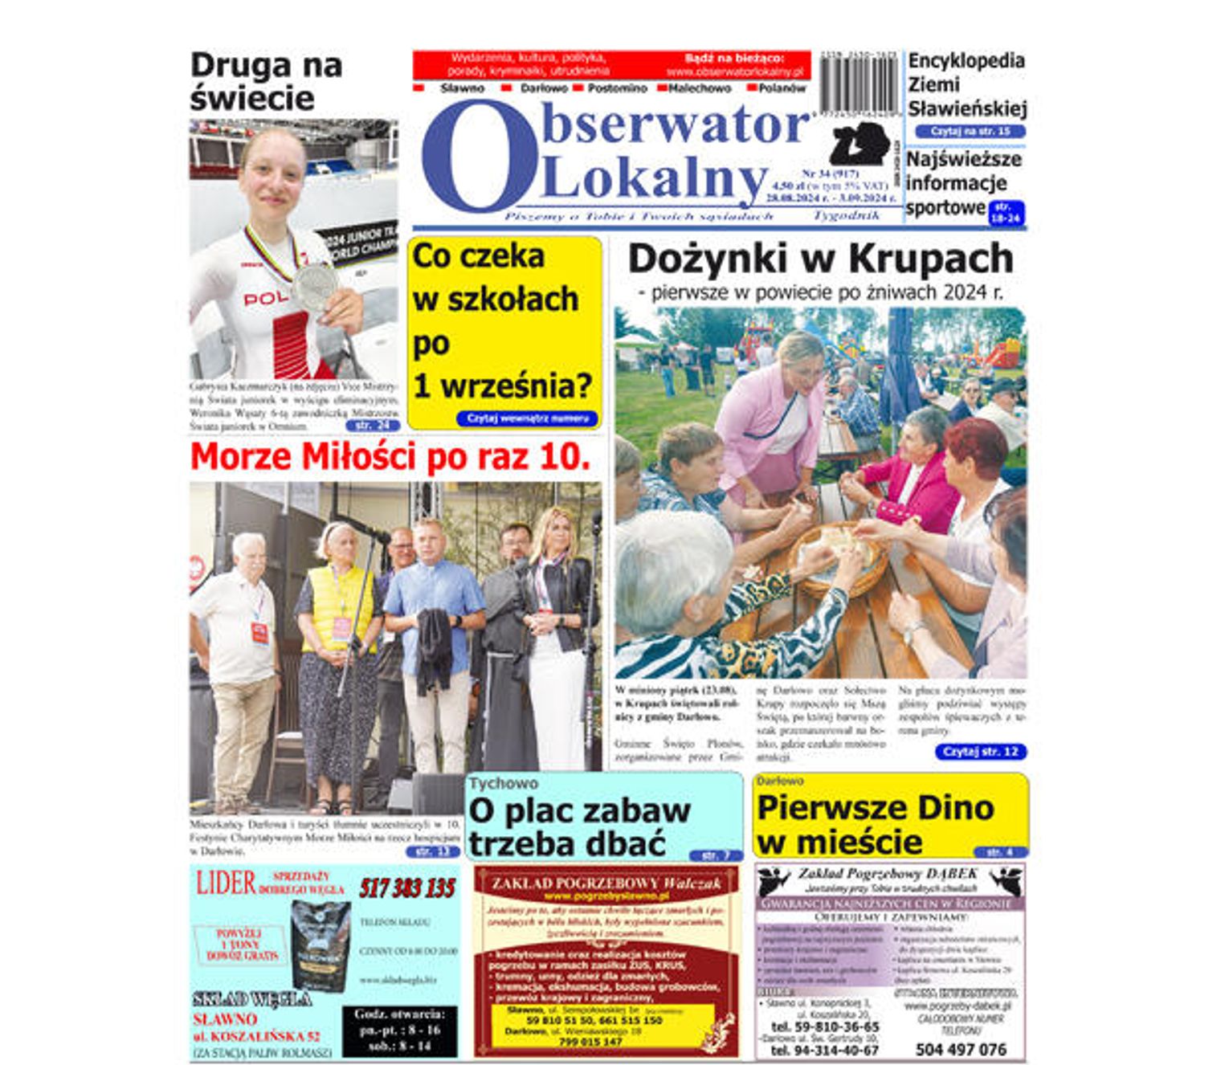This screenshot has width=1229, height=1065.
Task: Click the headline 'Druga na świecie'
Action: (265, 82)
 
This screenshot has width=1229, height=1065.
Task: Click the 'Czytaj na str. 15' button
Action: (970, 131)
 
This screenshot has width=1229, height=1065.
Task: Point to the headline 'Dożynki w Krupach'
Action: (820, 259)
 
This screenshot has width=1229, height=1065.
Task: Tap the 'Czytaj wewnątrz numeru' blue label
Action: (527, 418)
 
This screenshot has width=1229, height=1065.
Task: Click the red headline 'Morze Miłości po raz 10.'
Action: (390, 456)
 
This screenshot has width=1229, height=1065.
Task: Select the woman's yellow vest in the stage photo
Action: (338, 608)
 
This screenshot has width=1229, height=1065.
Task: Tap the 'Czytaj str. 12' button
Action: (980, 752)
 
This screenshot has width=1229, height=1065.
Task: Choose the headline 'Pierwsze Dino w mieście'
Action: (875, 824)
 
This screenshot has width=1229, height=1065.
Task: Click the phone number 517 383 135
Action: (406, 888)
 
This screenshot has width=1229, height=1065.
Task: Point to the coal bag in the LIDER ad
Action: (321, 945)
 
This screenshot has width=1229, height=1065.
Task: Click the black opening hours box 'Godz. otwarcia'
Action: (399, 1030)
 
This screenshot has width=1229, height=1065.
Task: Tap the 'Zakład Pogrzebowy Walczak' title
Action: (606, 883)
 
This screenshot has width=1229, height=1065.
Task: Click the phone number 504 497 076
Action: (960, 1050)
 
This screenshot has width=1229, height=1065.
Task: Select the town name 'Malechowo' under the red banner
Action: (699, 88)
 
